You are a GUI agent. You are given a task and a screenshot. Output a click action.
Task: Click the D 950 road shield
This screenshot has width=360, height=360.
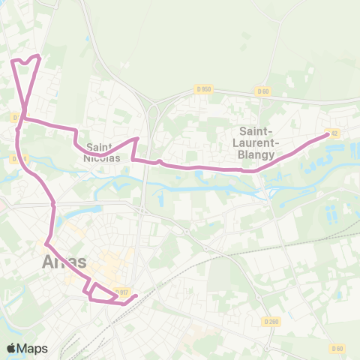tap(204, 88)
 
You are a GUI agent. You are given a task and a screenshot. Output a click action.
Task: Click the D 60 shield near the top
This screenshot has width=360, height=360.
tap(262, 91)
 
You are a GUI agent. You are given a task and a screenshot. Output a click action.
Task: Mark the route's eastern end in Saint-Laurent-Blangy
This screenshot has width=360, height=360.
tap(327, 134)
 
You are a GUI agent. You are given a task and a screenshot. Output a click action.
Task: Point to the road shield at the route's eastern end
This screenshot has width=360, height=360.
tap(334, 133)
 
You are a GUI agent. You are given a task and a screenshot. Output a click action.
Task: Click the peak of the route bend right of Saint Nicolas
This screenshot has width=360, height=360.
tap(136, 139)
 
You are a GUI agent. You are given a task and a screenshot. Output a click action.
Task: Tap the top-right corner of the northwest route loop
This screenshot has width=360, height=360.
tap(38, 55)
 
